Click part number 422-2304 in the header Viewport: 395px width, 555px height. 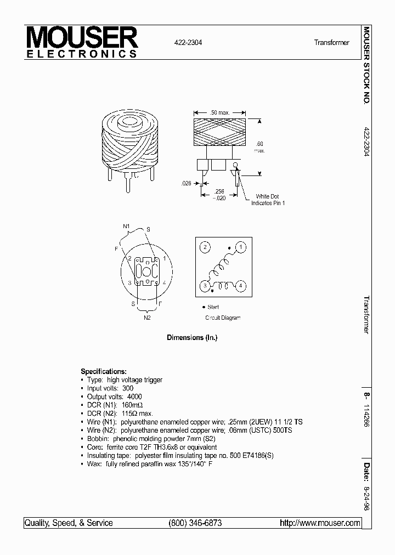[188, 42]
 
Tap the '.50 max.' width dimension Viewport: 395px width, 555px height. [219, 112]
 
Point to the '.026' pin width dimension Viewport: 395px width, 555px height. [187, 184]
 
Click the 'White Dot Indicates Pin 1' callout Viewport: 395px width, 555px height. [268, 200]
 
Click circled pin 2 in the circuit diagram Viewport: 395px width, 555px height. [205, 247]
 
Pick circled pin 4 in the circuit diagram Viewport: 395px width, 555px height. [241, 286]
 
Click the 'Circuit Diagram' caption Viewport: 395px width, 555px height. [223, 318]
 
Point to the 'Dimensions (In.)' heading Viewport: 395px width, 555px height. [192, 338]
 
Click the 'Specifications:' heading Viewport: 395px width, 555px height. [104, 371]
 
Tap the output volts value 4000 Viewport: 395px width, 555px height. [134, 397]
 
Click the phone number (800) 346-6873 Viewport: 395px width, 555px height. [195, 523]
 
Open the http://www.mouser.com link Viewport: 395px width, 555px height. [320, 523]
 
